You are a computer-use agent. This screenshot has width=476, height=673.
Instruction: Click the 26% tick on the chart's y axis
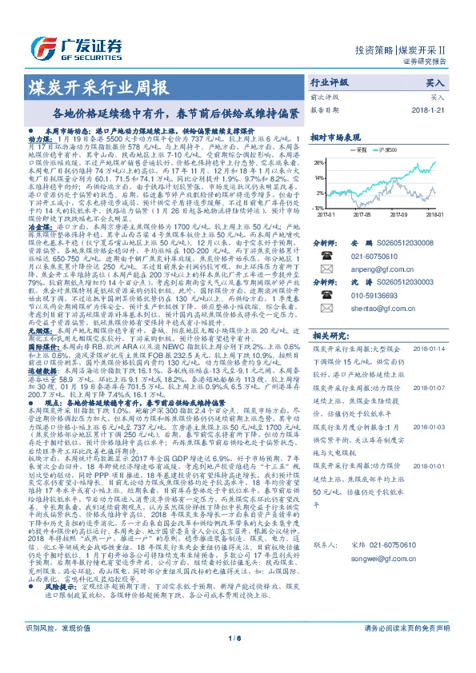pyautogui.click(x=319, y=161)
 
